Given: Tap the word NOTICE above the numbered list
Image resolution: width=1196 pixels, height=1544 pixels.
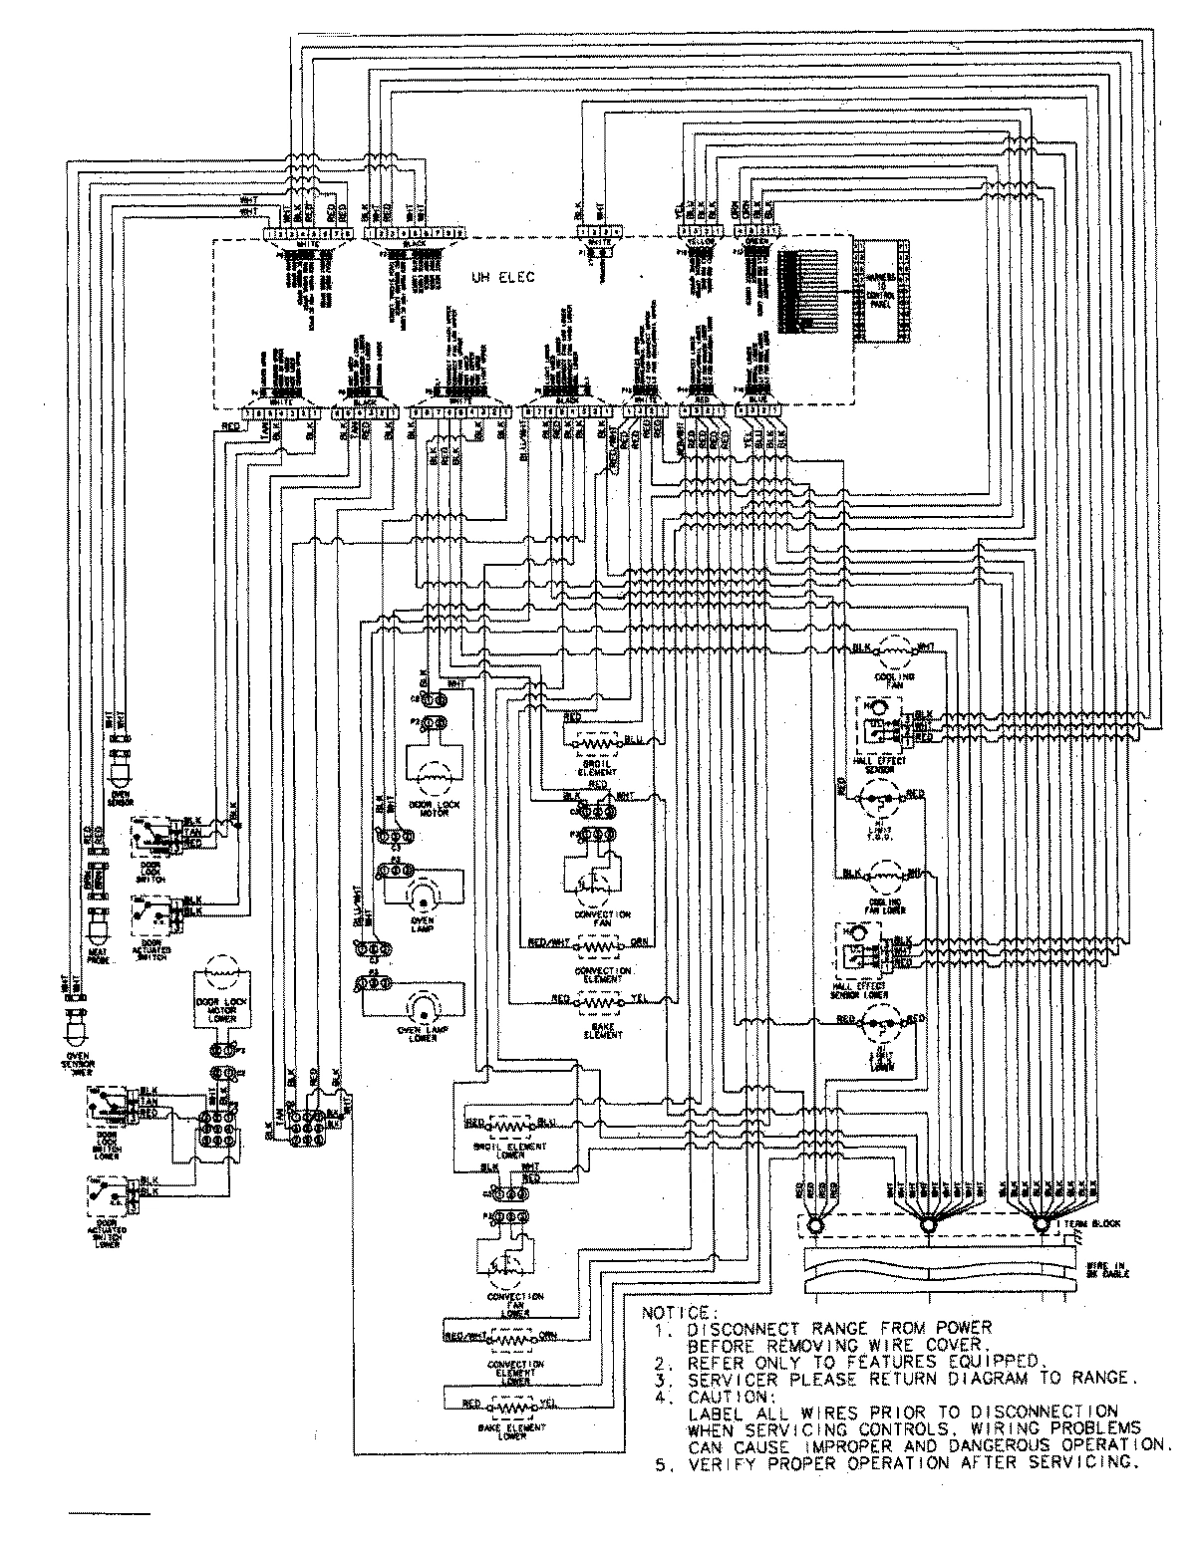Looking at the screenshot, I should coord(675,1312).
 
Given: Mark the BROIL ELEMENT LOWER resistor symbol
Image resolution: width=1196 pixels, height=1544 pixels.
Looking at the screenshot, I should coord(516,1124).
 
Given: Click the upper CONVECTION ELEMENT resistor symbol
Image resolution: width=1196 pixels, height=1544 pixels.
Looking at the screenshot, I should coord(599,942).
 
